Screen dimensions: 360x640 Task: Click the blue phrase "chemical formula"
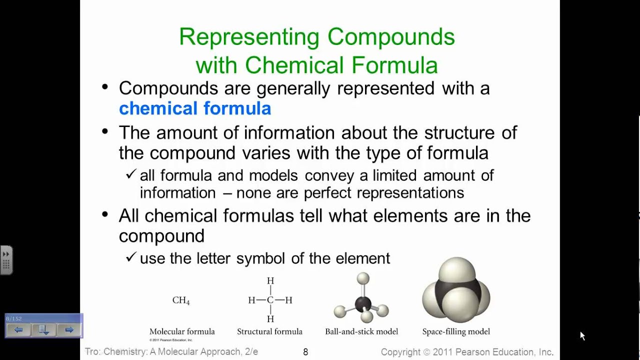tap(195, 108)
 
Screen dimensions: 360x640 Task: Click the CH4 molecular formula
tap(181, 300)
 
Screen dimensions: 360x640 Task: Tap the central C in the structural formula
tap(270, 300)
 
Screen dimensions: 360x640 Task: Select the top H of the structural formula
tap(270, 281)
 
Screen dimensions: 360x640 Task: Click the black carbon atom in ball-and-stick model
tap(363, 303)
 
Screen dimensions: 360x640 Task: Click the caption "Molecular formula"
tap(182, 331)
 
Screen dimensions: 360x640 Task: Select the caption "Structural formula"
tap(269, 331)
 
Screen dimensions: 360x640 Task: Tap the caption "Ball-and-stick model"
tap(361, 331)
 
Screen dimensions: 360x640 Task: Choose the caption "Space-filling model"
tap(456, 331)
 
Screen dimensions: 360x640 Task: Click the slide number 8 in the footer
tap(305, 352)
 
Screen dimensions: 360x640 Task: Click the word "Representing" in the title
tap(249, 37)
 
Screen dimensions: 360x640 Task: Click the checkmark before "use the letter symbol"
tap(131, 257)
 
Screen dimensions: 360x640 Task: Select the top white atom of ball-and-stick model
tap(363, 278)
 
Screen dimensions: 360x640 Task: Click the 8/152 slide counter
tap(13, 318)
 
